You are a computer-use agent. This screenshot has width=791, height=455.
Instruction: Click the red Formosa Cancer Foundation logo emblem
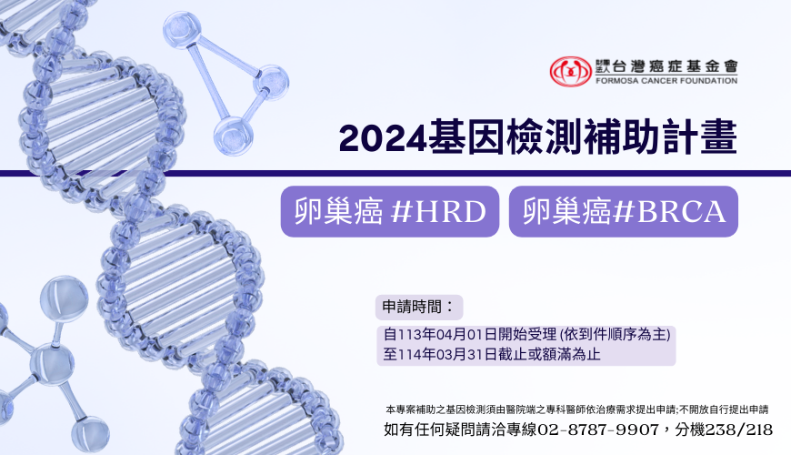[x=570, y=71]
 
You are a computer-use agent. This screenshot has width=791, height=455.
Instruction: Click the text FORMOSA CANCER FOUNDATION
[x=666, y=81]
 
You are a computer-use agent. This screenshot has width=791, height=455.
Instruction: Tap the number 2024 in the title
[x=384, y=137]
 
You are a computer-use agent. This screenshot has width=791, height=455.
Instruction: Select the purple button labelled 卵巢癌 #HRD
[x=390, y=211]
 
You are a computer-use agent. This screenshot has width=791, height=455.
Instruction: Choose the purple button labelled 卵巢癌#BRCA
[x=624, y=211]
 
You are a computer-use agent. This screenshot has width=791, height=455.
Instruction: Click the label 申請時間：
[x=419, y=307]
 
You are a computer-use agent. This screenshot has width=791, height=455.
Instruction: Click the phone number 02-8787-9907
[x=598, y=430]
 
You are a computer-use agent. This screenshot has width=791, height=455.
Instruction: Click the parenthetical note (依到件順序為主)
[x=615, y=334]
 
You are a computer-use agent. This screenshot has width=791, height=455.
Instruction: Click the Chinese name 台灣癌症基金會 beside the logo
[x=675, y=66]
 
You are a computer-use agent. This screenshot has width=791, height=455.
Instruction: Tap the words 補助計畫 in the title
[x=660, y=136]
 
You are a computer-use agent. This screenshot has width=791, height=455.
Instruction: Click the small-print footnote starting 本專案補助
[x=576, y=409]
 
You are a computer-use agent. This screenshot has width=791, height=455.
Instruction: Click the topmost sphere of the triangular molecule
[x=181, y=30]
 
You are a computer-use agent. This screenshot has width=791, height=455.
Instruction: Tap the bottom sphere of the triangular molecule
[x=233, y=136]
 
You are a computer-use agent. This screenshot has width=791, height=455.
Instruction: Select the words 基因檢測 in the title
[x=506, y=136]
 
